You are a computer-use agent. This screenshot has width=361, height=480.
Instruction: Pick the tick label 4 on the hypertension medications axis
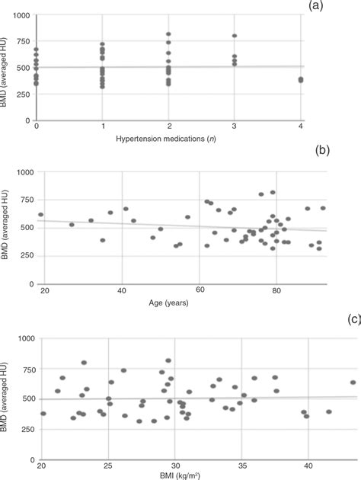point(302,124)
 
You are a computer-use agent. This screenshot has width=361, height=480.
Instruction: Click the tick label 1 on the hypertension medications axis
point(102,124)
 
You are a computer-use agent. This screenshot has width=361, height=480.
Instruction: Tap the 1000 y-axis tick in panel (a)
point(21,16)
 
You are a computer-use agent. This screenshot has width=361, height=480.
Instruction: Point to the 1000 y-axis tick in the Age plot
point(27,173)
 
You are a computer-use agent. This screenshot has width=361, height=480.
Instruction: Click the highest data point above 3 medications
point(235,36)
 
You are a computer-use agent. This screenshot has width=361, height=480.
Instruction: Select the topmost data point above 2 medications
point(168,34)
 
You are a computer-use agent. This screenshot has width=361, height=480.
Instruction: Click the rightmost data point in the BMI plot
point(353,382)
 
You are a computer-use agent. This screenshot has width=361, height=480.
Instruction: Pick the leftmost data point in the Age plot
point(41,215)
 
